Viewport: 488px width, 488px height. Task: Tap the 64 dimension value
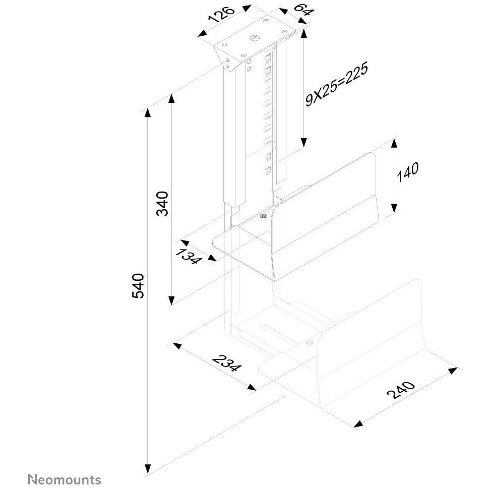[x=304, y=10]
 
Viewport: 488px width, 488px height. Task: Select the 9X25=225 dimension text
[x=337, y=84]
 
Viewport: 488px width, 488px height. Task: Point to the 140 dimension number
[x=408, y=172]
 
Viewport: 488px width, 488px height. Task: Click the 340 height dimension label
[x=162, y=204]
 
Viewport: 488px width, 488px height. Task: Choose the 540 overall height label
[x=138, y=286]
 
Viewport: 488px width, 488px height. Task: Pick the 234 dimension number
[x=226, y=363]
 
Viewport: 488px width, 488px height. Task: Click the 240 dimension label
[x=401, y=389]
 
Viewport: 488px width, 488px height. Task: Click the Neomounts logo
[x=65, y=479]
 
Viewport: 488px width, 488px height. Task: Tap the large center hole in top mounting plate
[x=254, y=38]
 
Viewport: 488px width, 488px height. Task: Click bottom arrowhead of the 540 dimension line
[x=148, y=477]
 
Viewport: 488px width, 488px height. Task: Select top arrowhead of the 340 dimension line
[x=171, y=98]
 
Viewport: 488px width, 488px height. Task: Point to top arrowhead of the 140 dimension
[x=394, y=143]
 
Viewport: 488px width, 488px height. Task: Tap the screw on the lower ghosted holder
[x=310, y=343]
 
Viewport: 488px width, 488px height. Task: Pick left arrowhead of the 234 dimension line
[x=177, y=345]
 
